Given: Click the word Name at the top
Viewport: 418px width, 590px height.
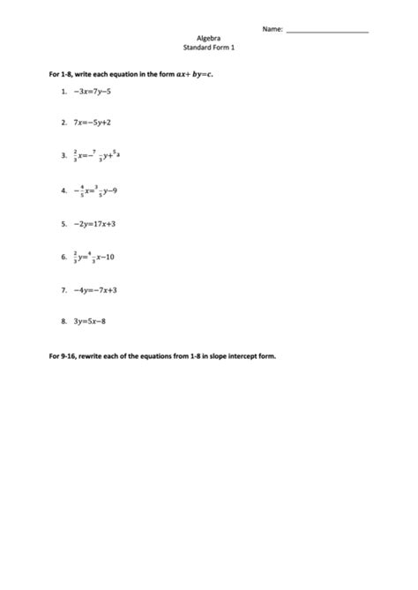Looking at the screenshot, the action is tap(272, 29).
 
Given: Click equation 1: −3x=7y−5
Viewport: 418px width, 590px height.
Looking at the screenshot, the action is tap(97, 91).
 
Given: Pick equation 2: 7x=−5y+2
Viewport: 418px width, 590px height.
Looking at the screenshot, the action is tap(97, 123).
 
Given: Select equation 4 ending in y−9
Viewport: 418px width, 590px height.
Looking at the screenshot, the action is tap(98, 189).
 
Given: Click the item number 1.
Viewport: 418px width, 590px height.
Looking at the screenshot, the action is tap(64, 91).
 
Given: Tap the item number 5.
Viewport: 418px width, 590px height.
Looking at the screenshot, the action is tap(64, 223).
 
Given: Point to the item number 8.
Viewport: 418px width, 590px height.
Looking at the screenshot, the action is tap(64, 322).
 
